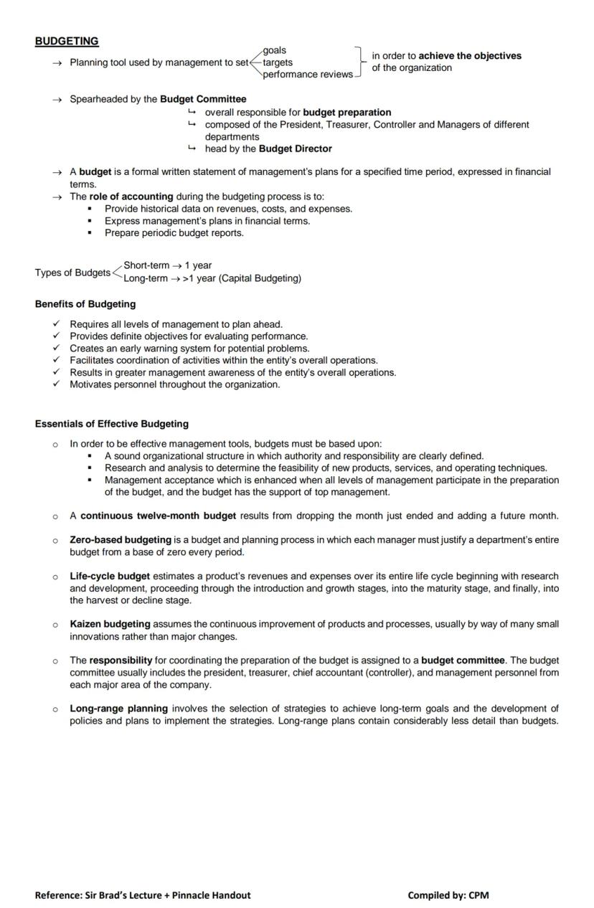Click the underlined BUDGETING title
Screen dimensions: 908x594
click(x=67, y=42)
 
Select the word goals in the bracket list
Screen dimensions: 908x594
click(x=275, y=50)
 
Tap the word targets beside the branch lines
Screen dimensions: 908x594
click(x=278, y=62)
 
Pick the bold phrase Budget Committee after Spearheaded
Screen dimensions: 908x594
click(x=203, y=99)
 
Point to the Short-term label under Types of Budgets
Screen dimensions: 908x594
click(x=146, y=265)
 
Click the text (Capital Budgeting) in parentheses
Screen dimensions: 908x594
click(x=260, y=278)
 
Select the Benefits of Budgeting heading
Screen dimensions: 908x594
click(x=85, y=304)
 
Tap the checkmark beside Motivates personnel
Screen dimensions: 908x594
click(x=56, y=384)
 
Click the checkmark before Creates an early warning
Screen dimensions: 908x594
click(x=56, y=348)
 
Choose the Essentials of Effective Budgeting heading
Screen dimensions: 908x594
click(x=112, y=424)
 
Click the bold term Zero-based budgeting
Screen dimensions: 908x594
click(x=121, y=540)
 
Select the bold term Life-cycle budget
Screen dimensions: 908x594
click(x=110, y=576)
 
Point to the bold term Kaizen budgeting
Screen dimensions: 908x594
click(x=110, y=624)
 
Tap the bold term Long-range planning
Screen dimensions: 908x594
click(x=118, y=709)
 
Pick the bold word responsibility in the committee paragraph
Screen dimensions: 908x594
click(x=121, y=660)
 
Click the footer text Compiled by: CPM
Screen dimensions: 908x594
click(x=448, y=894)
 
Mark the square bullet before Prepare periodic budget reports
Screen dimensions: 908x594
click(x=90, y=233)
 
